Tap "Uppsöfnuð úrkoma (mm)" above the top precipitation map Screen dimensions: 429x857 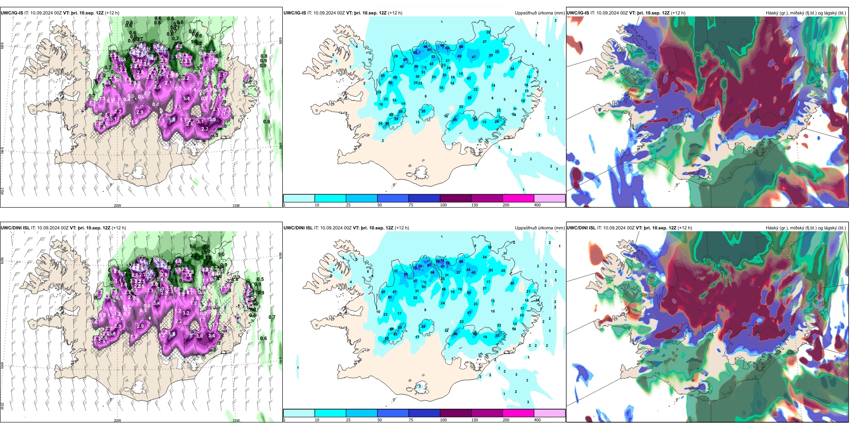(539, 13)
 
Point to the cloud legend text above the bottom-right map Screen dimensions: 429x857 (806, 228)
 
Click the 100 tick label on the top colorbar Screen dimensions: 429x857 (443, 205)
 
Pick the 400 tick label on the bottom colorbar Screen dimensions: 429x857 (537, 420)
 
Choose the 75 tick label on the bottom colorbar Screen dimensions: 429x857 (411, 420)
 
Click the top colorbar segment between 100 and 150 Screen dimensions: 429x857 (455, 198)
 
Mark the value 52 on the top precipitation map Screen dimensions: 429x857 (433, 57)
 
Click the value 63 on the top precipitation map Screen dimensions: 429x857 (455, 120)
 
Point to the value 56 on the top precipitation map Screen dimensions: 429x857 (391, 83)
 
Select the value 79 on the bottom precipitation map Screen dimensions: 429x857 (405, 275)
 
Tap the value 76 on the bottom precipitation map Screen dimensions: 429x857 (448, 263)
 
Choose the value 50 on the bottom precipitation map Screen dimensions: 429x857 (469, 293)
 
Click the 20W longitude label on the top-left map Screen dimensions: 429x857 (117, 205)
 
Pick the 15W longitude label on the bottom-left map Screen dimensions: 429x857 (236, 420)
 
